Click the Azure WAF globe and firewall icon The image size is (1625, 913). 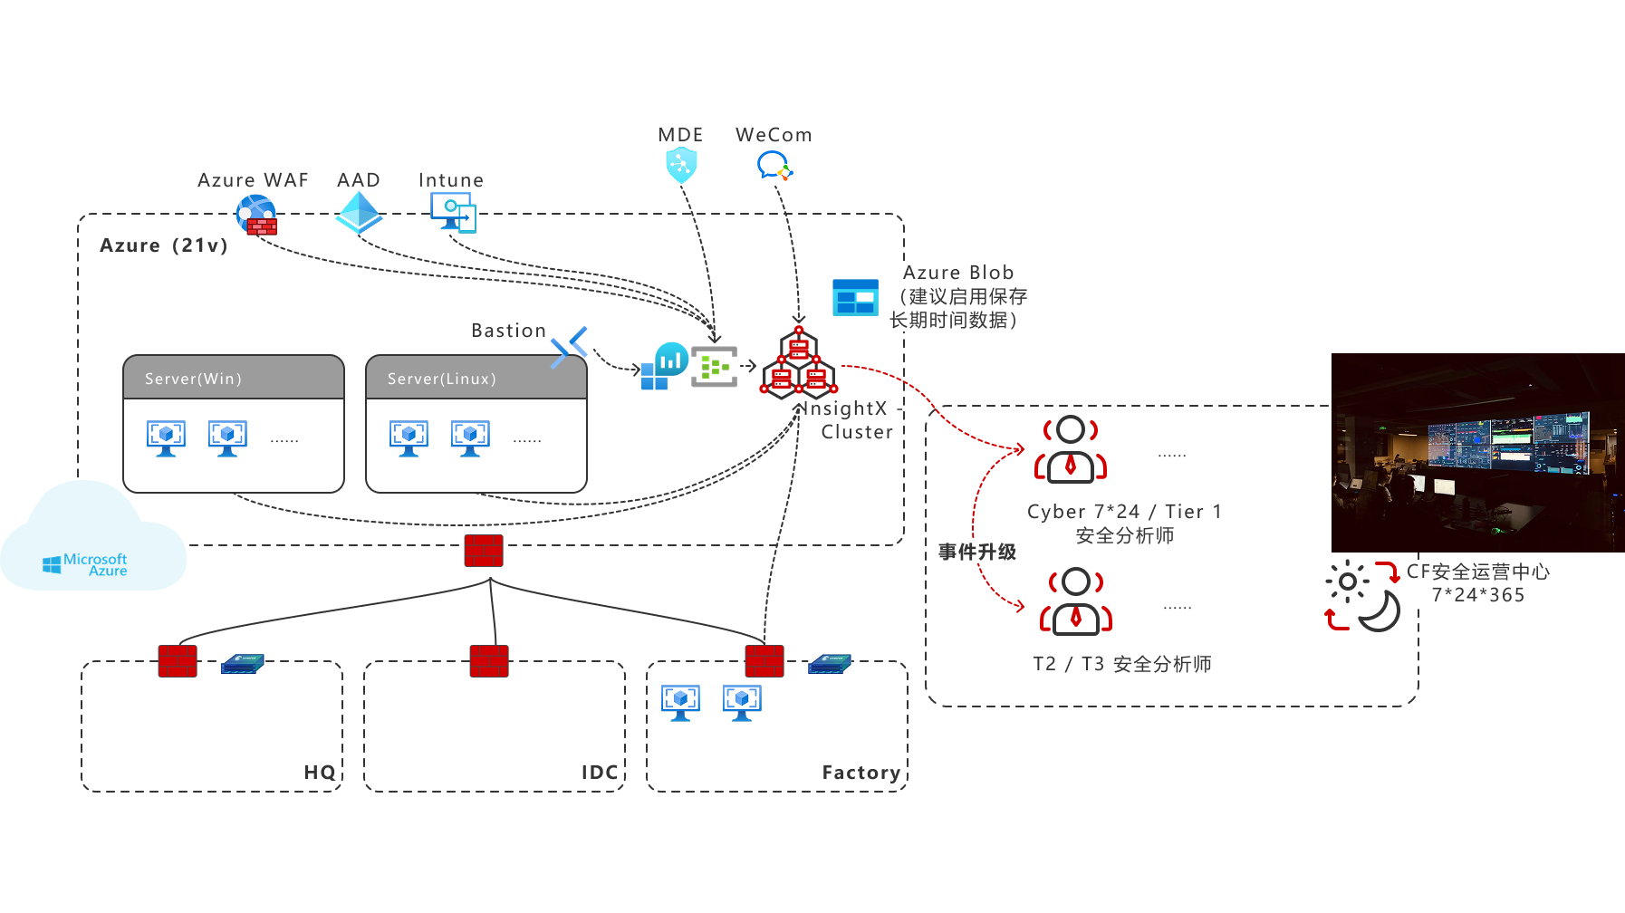(x=256, y=216)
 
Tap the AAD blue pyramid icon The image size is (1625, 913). (x=359, y=212)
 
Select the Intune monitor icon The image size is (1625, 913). (x=453, y=213)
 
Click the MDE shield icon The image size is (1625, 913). (x=681, y=166)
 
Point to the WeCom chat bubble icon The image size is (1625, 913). (x=774, y=166)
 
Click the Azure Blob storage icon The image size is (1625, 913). (x=855, y=297)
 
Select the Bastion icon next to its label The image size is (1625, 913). (x=569, y=348)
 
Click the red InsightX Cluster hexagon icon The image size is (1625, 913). (x=799, y=365)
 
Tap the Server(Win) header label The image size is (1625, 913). (x=193, y=379)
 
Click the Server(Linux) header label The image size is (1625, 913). (x=441, y=379)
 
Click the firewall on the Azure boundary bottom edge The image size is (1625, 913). (x=484, y=551)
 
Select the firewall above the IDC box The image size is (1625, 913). (x=489, y=661)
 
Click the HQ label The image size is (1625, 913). (x=319, y=772)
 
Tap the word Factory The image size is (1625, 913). (x=861, y=773)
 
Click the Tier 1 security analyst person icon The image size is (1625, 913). (x=1071, y=449)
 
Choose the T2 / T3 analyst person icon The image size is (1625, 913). (x=1076, y=601)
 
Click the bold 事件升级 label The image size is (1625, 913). (x=976, y=552)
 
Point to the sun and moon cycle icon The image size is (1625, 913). (x=1362, y=595)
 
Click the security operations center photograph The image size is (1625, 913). (x=1477, y=452)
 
